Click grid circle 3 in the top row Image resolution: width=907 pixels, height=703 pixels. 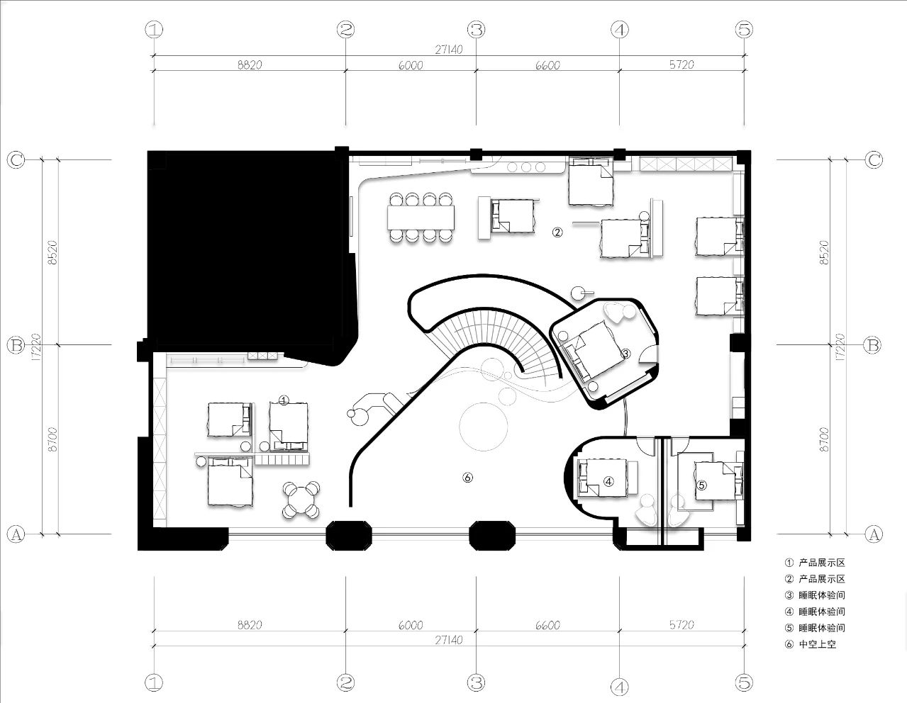[476, 30]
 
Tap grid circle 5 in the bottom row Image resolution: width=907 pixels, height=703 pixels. [744, 682]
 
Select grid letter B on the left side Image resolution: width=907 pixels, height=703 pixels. [16, 345]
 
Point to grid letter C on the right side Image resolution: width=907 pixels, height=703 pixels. [874, 159]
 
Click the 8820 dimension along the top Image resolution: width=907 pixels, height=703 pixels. [249, 64]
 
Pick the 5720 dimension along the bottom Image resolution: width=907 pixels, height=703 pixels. [681, 625]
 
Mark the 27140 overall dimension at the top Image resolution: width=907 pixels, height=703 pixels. [448, 50]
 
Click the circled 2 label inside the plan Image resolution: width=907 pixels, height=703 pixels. [557, 232]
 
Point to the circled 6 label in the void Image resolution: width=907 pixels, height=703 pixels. [467, 477]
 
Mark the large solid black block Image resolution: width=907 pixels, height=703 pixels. [245, 248]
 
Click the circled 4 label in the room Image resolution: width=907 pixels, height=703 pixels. [608, 480]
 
